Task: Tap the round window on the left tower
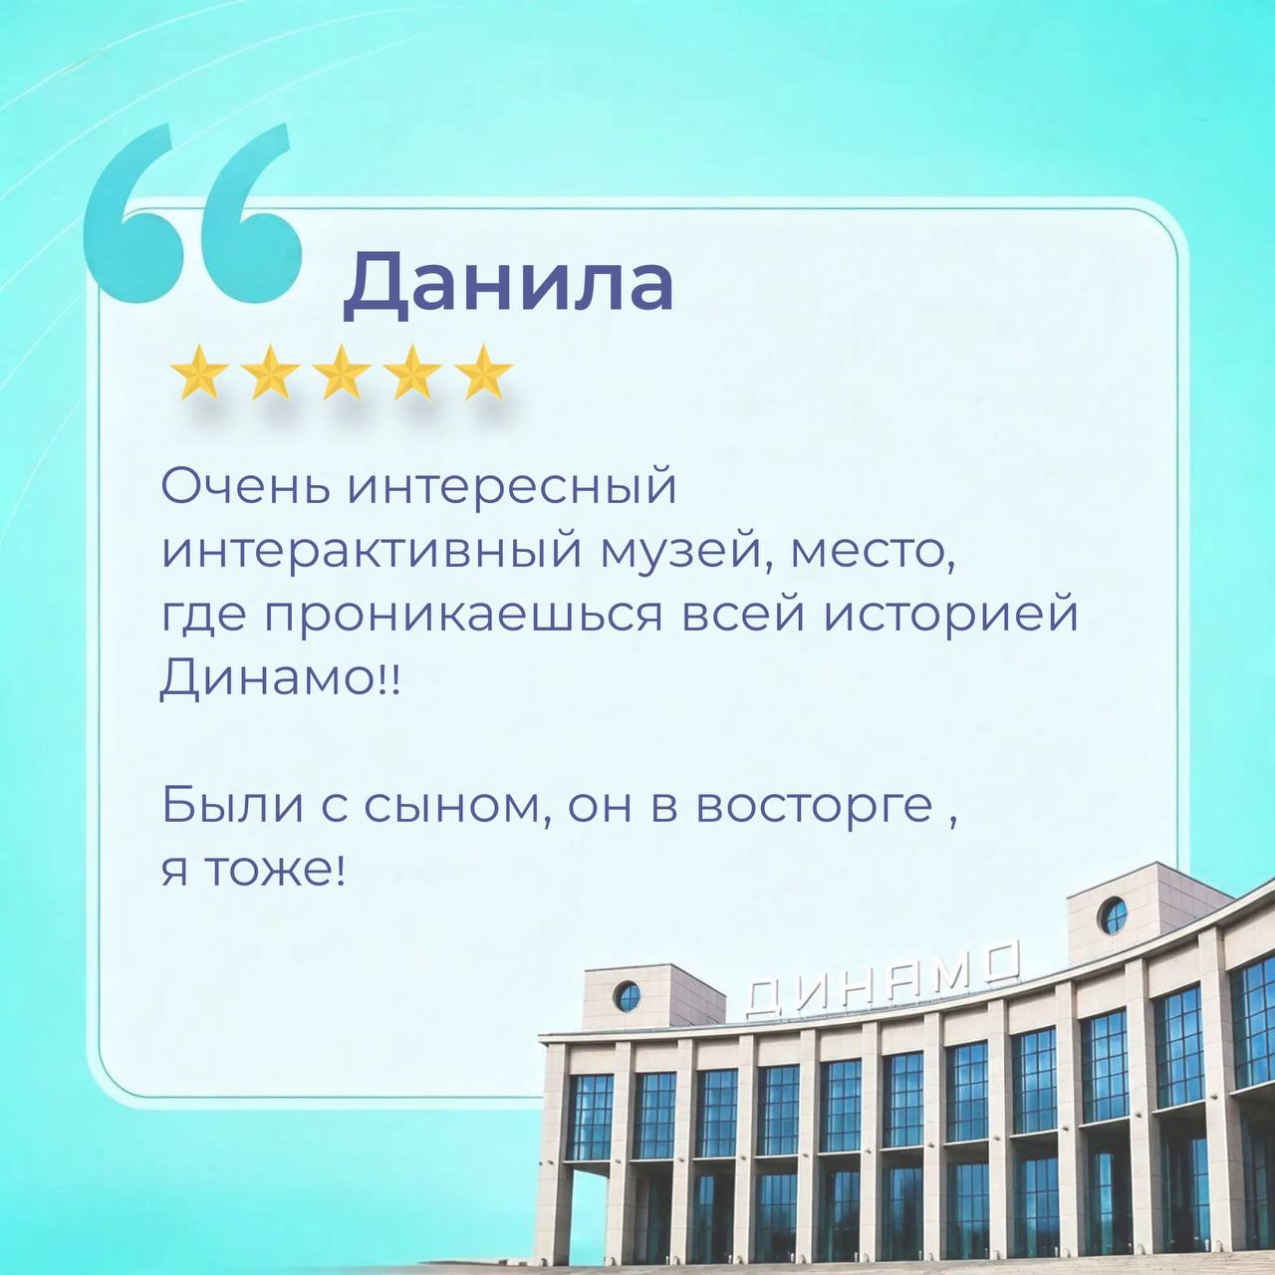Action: (x=627, y=996)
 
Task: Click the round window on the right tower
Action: (x=1112, y=916)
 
